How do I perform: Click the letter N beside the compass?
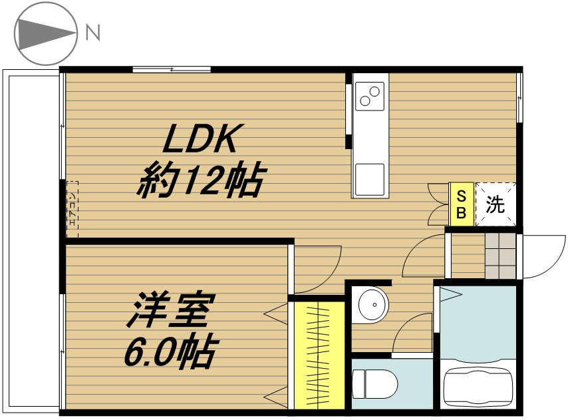[x=92, y=33]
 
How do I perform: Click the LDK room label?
[x=200, y=141]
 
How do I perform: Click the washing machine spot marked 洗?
[x=495, y=204]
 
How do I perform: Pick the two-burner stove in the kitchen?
[x=369, y=96]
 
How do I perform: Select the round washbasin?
[x=371, y=306]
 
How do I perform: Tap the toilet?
[x=374, y=384]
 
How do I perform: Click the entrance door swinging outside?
[x=542, y=257]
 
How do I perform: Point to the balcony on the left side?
[x=31, y=240]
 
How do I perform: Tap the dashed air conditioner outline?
[x=72, y=210]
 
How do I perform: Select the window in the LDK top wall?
[x=171, y=69]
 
